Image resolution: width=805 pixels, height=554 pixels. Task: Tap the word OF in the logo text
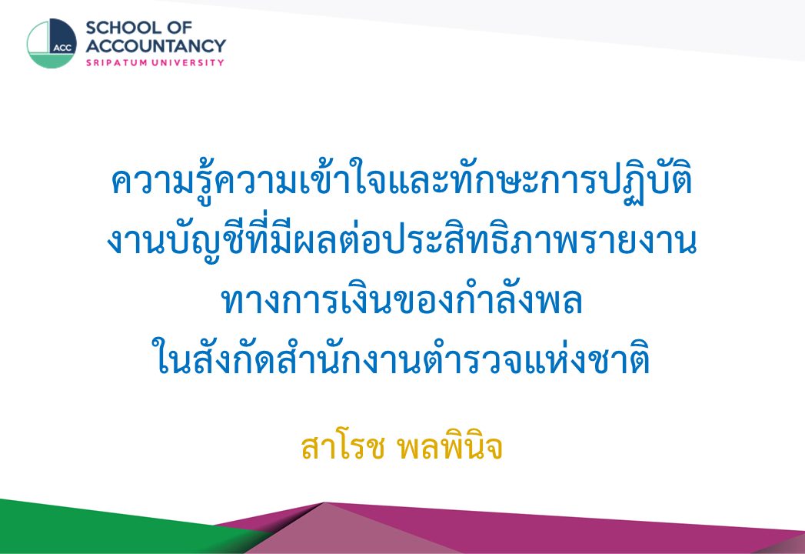pyautogui.click(x=180, y=27)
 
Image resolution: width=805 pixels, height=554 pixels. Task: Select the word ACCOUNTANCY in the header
pyautogui.click(x=155, y=45)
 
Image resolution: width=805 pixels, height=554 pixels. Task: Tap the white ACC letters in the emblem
pyautogui.click(x=62, y=48)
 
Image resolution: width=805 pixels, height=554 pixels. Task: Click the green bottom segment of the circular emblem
pyautogui.click(x=52, y=61)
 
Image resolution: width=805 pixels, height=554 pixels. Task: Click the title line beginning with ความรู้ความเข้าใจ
pyautogui.click(x=402, y=183)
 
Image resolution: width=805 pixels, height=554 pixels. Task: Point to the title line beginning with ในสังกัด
pyautogui.click(x=401, y=357)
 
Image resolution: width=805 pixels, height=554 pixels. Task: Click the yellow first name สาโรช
pyautogui.click(x=342, y=448)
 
